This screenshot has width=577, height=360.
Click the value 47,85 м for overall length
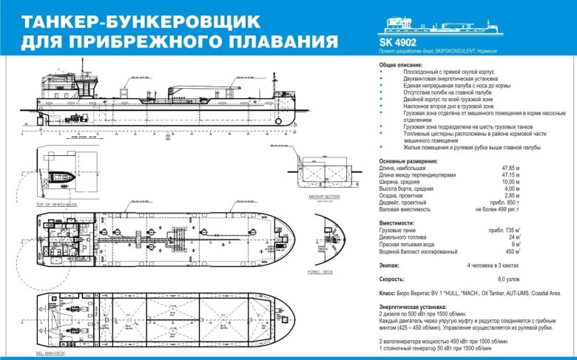point(505,168)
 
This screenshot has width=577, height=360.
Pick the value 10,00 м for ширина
point(505,181)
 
